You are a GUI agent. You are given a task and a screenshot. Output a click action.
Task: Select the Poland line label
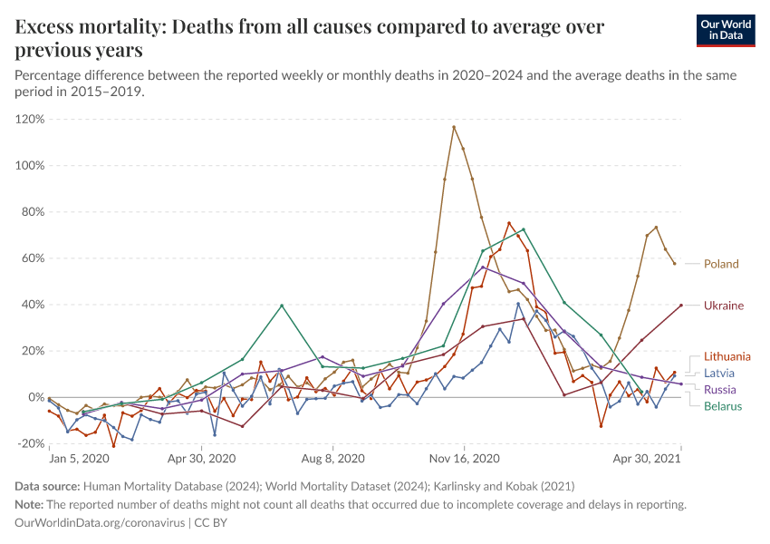pos(721,264)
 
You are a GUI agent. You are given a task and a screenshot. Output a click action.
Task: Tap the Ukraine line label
pos(723,306)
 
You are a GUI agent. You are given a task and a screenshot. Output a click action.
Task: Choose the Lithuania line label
pos(727,356)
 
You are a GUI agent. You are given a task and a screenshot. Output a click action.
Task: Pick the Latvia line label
pos(719,373)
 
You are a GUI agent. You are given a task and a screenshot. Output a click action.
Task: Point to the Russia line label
pos(720,389)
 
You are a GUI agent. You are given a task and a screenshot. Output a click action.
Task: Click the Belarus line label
pos(723,406)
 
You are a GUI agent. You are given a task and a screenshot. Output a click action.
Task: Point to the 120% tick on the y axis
pos(30,119)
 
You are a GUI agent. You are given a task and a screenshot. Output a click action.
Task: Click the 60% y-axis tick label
pos(33,258)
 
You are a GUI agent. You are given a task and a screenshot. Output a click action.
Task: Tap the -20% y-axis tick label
pos(31,443)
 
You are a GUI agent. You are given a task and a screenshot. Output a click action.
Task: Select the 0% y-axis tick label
pos(36,397)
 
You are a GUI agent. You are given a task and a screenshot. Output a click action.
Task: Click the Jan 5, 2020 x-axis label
pos(80,459)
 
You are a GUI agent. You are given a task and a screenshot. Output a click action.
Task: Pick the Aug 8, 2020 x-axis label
pos(333,459)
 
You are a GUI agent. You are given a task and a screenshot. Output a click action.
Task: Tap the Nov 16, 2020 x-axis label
pos(464,459)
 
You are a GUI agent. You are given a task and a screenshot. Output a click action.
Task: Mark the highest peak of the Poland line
pos(454,127)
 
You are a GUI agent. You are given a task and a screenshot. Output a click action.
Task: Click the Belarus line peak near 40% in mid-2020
pos(282,306)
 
